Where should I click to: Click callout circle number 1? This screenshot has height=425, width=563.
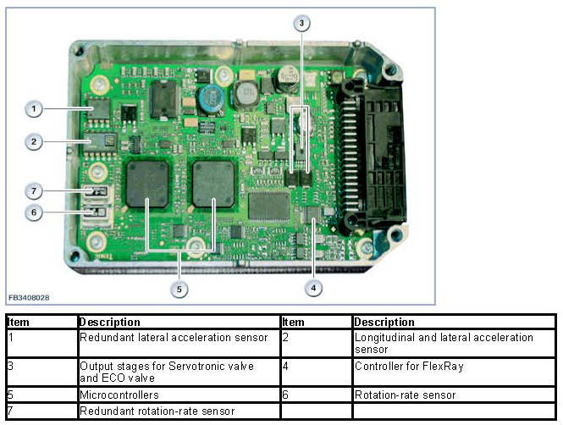coord(34,108)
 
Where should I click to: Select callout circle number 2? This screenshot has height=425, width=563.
coord(34,142)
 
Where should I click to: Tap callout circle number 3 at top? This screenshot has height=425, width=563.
coord(302,24)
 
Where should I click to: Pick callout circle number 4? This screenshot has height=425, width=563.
coord(313,288)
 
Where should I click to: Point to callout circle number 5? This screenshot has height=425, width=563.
coord(179,289)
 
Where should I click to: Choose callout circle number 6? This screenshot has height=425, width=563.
coord(34,212)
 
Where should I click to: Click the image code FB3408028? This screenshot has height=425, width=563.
coord(29,298)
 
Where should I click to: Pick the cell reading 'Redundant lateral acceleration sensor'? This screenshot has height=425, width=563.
coord(174,337)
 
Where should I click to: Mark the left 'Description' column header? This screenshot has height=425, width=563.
coord(110,322)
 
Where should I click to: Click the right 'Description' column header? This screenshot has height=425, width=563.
coord(384,322)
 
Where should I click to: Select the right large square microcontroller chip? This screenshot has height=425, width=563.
coord(213,185)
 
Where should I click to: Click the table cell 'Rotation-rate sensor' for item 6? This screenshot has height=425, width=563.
coord(405,395)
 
